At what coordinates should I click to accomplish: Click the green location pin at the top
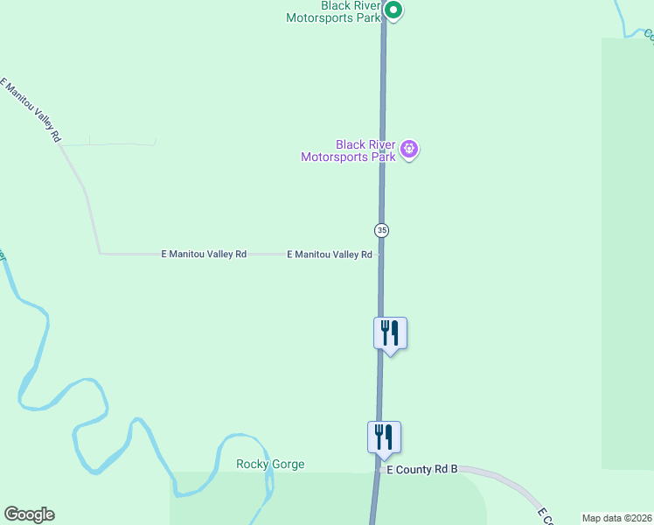(393, 11)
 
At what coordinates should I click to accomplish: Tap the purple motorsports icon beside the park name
(408, 150)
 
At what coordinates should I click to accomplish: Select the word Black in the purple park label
(351, 144)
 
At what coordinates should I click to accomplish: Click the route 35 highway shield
(381, 230)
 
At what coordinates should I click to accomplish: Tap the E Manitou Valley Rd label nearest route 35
(330, 255)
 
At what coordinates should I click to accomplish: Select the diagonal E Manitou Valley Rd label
(31, 110)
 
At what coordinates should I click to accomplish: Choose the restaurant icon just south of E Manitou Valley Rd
(390, 333)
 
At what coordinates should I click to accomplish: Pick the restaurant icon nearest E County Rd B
(384, 437)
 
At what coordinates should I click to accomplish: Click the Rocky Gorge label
(270, 465)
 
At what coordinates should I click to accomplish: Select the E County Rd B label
(422, 470)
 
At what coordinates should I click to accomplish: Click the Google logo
(29, 514)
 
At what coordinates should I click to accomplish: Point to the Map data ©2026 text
(616, 518)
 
